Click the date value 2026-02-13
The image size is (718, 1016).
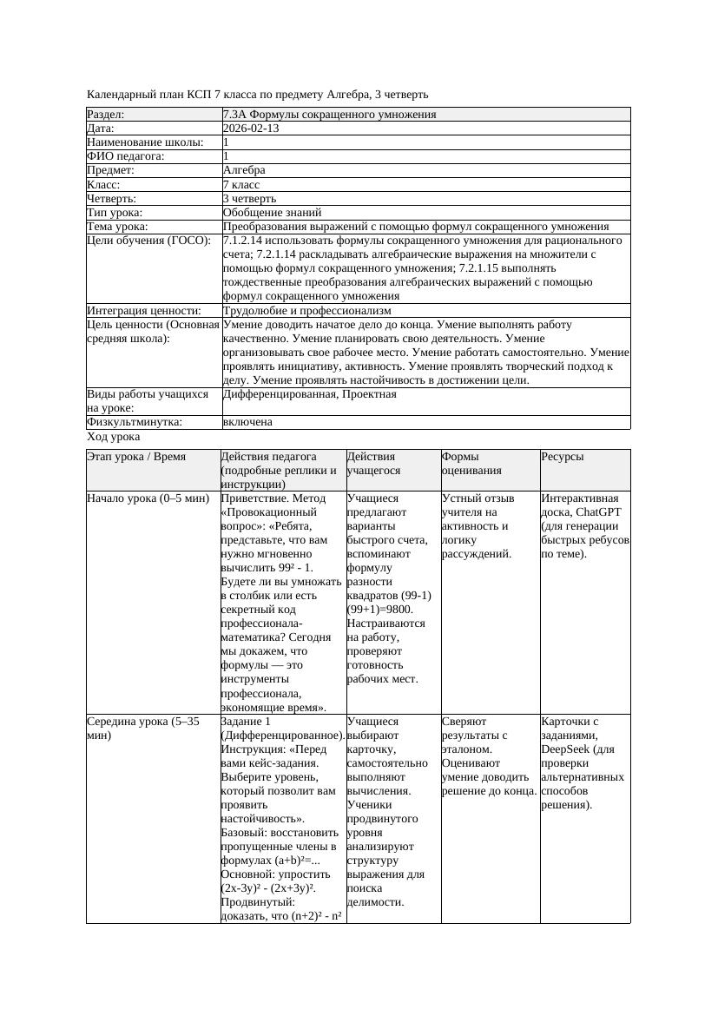251,129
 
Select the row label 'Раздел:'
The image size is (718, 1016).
106,115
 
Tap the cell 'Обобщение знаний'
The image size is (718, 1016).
272,212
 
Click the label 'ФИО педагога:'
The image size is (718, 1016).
126,156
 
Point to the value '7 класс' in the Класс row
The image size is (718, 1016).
241,184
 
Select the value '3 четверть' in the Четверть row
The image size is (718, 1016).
249,198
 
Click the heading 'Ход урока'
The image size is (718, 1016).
114,438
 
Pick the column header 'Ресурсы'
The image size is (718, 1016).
563,457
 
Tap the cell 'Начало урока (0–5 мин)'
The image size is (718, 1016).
148,499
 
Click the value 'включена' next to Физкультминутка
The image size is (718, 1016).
247,422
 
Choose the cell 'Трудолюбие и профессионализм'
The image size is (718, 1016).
306,310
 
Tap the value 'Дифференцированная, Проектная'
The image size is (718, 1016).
309,394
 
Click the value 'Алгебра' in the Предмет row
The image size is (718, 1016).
244,170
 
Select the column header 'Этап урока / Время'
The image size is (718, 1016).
136,457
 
